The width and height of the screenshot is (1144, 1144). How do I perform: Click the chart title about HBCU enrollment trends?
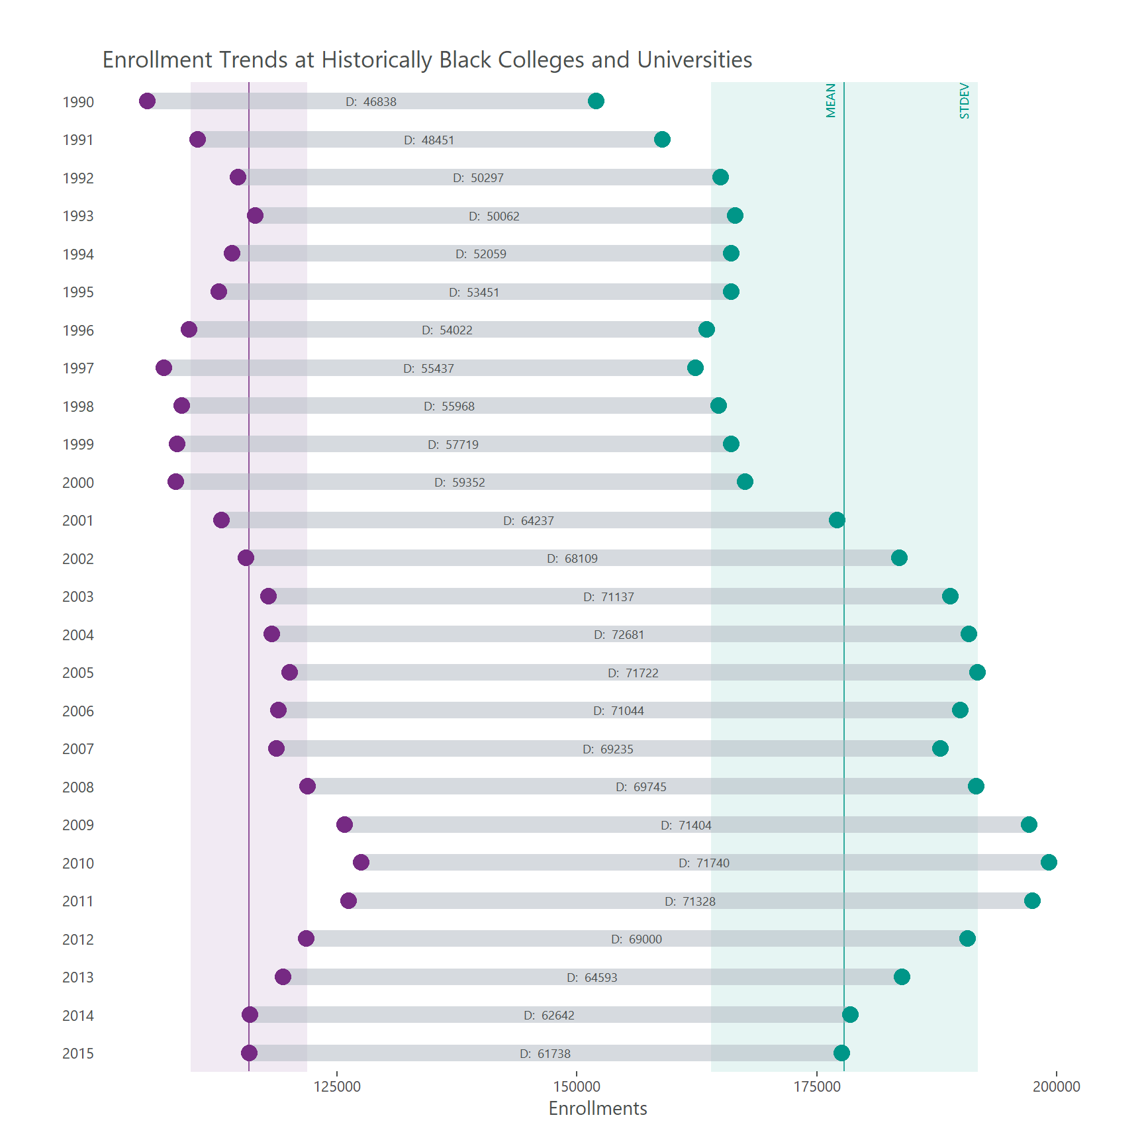coord(427,60)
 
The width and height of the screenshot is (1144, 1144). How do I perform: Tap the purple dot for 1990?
coord(147,101)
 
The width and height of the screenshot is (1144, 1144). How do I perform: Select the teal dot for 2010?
coord(1049,863)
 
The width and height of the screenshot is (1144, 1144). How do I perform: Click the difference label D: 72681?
coord(619,635)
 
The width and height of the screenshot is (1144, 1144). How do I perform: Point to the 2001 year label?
coord(78,521)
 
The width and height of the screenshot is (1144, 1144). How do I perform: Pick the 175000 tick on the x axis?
coord(817,1086)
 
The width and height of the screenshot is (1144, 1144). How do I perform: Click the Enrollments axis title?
coord(598,1109)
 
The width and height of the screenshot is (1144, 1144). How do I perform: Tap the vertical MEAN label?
coord(831,101)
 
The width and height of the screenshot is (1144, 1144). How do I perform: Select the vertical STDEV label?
coord(965,101)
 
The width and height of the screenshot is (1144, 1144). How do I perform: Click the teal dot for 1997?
coord(695,368)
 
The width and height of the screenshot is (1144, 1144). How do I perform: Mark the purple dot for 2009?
coord(344,825)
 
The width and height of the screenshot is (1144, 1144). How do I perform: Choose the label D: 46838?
coord(371,102)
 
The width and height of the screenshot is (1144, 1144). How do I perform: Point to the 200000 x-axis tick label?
coord(1057,1086)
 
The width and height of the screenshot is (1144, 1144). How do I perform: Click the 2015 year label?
coord(78,1054)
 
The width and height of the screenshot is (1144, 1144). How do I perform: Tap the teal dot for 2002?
coord(899,558)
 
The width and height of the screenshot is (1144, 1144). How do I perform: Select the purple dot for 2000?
coord(175,482)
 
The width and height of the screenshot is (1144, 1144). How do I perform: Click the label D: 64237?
coord(528,521)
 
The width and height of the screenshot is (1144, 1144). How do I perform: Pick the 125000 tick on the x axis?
coord(337,1086)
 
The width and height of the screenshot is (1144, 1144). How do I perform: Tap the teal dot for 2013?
coord(902,977)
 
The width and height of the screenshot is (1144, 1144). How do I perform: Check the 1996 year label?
coord(78,330)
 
